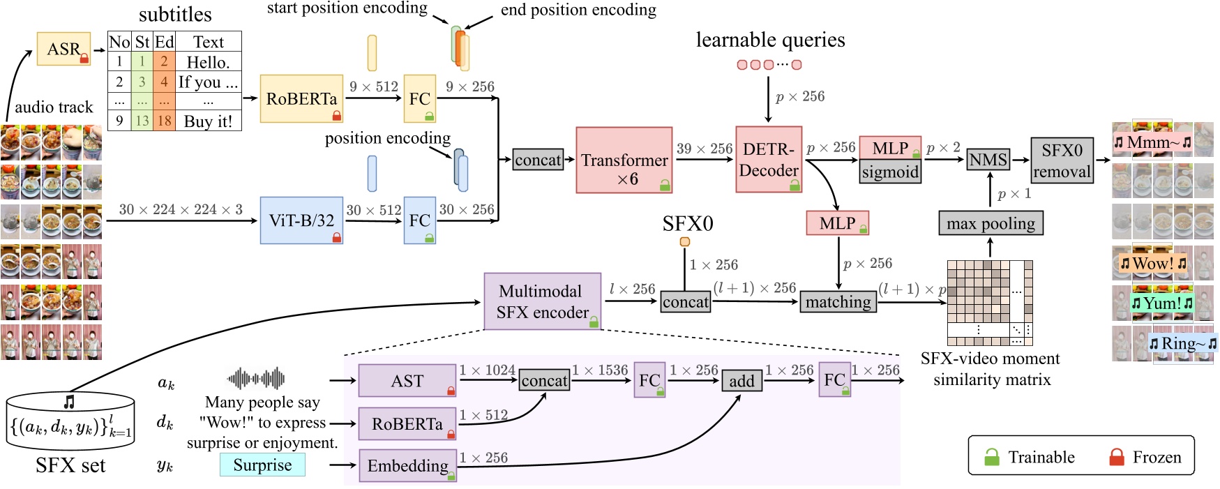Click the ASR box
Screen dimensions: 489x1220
tap(63, 49)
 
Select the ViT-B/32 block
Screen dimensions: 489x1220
tap(301, 220)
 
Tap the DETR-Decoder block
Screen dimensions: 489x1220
tap(769, 160)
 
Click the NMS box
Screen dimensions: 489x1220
tap(988, 160)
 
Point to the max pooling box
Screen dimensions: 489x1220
tap(991, 223)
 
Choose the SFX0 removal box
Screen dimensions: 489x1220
tap(1062, 160)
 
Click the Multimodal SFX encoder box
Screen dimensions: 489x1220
tap(542, 301)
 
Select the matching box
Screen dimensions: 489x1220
tap(838, 301)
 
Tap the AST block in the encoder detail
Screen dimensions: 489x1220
tap(407, 381)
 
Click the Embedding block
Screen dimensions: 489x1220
tap(407, 466)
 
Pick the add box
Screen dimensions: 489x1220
tap(741, 381)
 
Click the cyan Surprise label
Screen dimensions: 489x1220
tap(262, 465)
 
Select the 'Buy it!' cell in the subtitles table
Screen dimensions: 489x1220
tap(208, 121)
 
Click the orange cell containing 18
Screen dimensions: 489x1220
tap(164, 121)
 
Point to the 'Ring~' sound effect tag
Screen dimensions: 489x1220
tap(1182, 344)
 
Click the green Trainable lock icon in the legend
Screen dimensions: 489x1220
tap(991, 457)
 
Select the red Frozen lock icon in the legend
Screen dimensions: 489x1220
tap(1116, 457)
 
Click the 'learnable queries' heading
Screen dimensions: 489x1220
tap(770, 40)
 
